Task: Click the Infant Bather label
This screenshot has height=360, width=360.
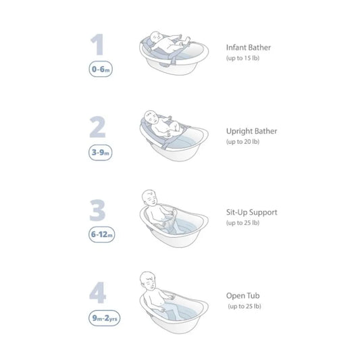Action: tap(251, 48)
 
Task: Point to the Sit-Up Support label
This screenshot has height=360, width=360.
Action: tap(252, 212)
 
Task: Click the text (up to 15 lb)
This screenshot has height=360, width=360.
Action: tap(245, 59)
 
